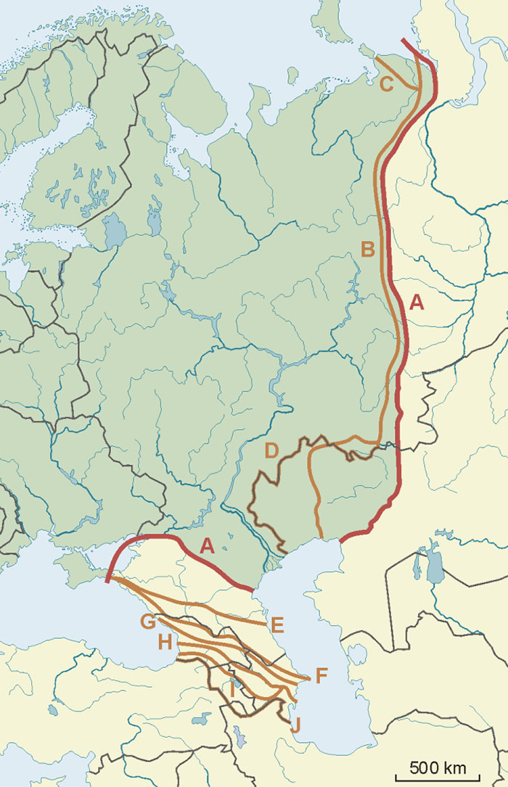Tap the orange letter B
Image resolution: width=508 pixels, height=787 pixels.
368,250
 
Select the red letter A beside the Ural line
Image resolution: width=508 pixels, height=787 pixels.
417,302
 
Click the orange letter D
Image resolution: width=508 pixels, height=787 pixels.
271,451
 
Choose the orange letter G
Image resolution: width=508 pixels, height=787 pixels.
148,621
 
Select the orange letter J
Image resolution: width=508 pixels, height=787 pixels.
295,723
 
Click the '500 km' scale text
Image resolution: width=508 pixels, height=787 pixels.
434,767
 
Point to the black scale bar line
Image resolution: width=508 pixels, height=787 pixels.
434,777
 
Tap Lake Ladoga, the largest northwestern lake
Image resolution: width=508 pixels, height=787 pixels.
115,232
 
